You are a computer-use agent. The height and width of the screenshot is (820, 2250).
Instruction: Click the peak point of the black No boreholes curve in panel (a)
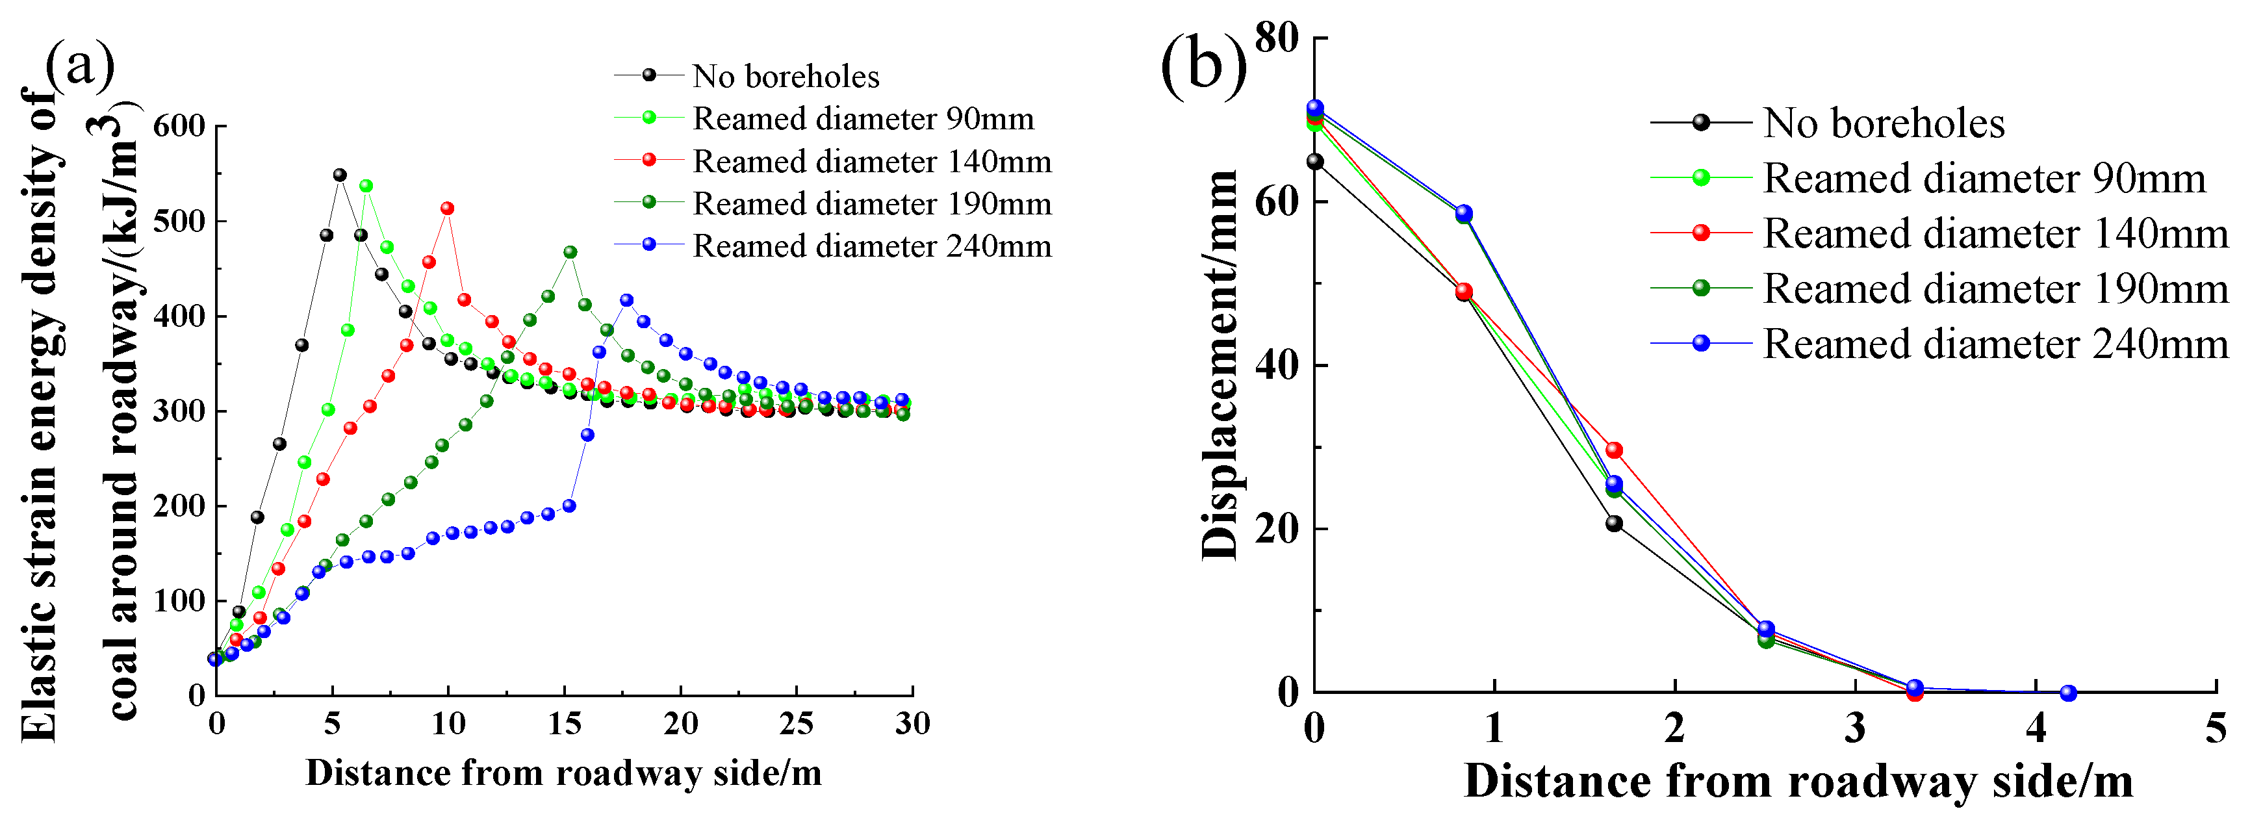340,175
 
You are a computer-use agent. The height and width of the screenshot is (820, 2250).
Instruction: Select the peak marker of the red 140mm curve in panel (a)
447,208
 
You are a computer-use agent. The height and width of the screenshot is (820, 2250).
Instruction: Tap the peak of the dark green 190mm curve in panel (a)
570,251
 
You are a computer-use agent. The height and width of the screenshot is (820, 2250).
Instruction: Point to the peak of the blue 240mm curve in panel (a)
626,300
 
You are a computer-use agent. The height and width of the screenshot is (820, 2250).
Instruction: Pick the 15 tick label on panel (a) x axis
564,723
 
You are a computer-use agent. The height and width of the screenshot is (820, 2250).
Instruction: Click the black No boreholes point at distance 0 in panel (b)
1314,160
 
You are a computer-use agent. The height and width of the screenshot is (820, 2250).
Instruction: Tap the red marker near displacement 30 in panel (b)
1614,450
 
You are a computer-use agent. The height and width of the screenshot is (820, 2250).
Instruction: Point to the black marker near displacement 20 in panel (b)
1614,523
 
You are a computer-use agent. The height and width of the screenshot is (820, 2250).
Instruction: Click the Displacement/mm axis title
1220,365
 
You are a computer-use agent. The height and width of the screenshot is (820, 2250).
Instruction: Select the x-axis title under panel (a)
563,773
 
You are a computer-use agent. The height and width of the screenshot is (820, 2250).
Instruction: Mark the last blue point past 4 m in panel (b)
2067,693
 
